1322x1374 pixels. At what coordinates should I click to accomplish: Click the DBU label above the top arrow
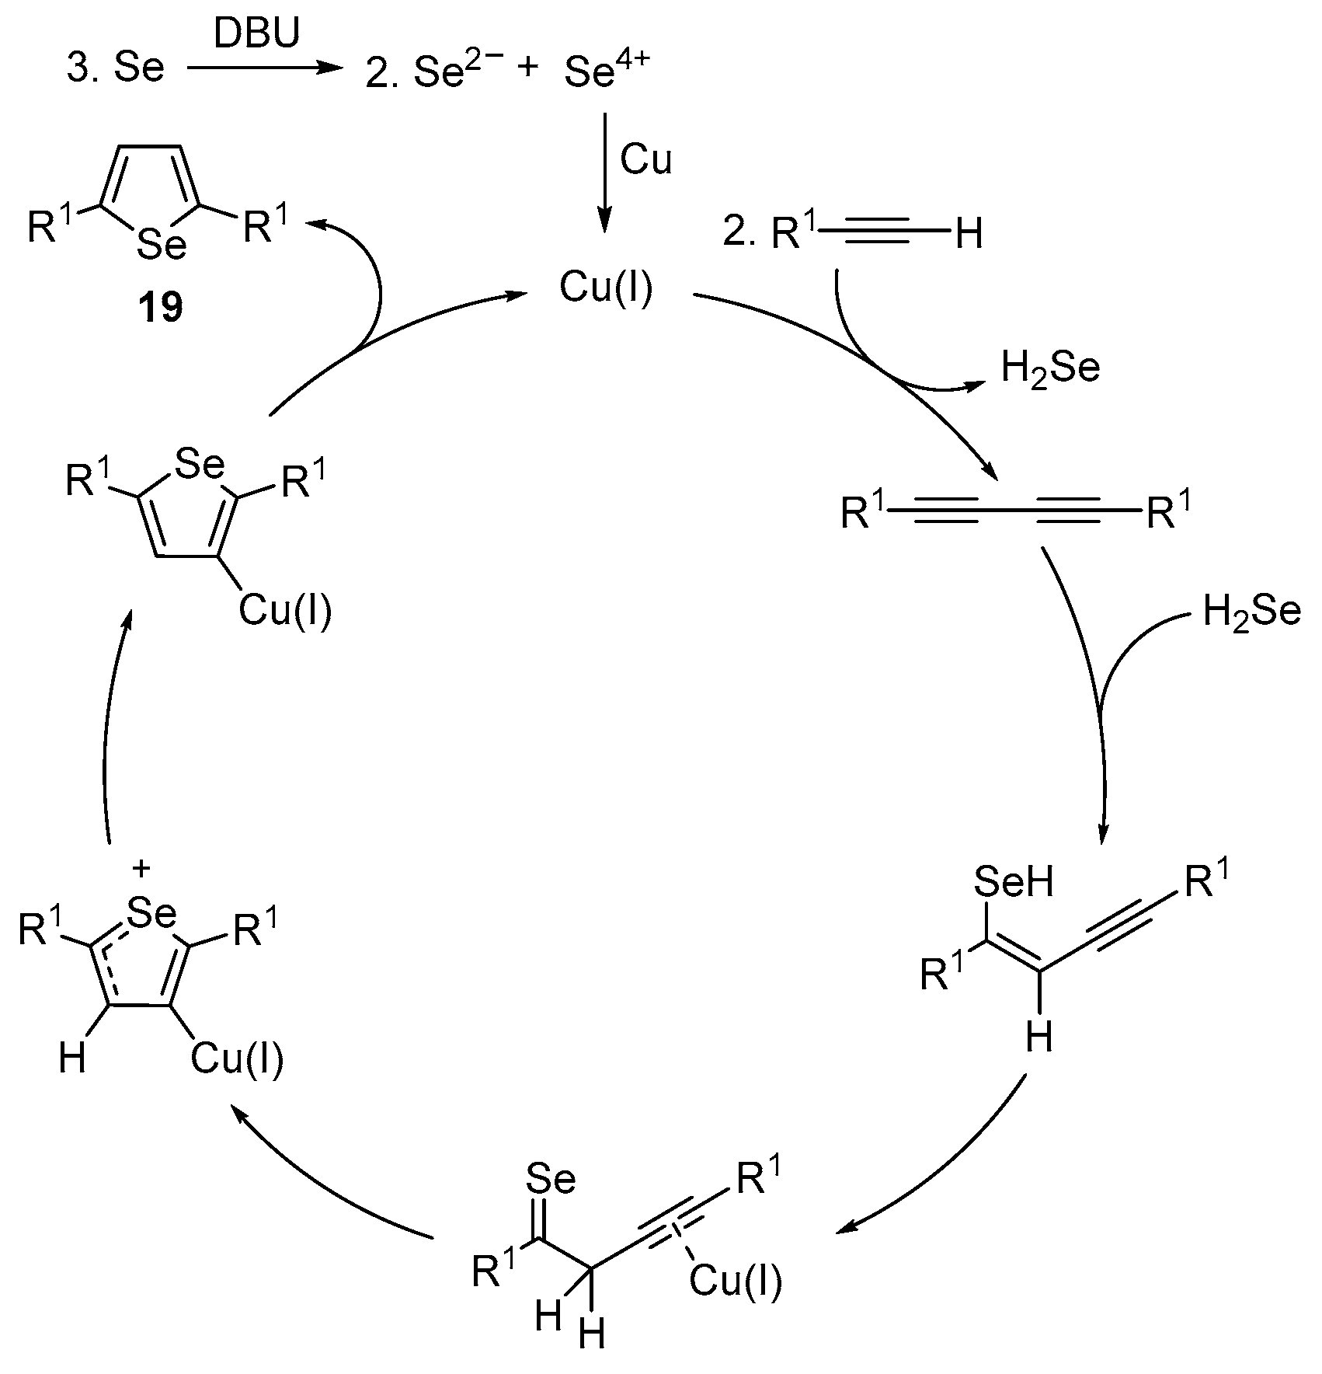[x=256, y=35]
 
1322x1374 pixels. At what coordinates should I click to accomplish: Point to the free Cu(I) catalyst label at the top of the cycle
[x=607, y=288]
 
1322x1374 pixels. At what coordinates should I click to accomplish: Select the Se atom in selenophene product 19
[x=162, y=246]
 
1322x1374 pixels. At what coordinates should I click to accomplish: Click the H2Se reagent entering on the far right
[x=1251, y=611]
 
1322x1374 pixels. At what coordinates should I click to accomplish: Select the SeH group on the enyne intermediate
[x=1013, y=883]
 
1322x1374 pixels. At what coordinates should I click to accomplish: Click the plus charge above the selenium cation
[x=141, y=870]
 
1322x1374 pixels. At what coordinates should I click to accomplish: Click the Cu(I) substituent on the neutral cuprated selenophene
[x=284, y=611]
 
